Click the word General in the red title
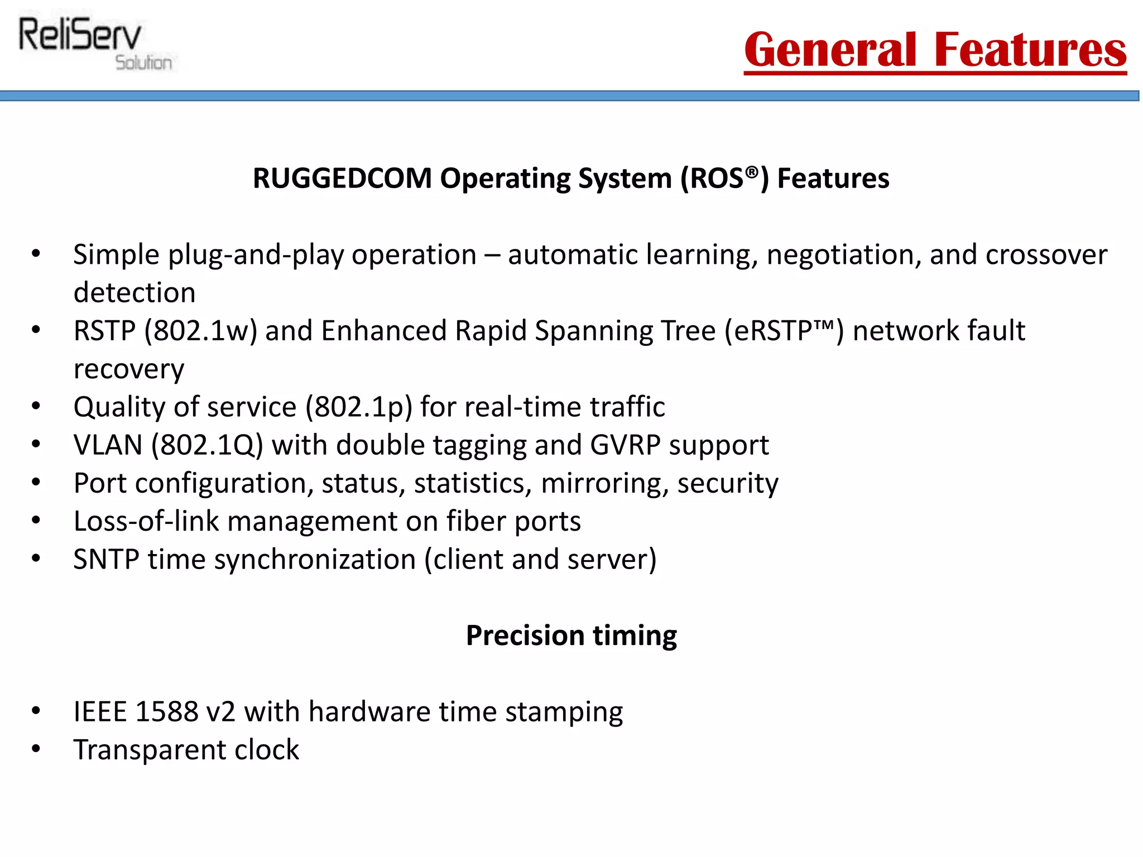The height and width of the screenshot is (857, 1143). coord(830,50)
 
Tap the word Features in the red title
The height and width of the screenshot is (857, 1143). coord(1030,50)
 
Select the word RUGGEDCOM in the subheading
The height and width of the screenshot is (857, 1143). coord(342,179)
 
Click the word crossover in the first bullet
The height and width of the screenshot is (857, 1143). coord(1046,255)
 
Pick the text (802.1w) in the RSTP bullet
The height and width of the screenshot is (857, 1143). coord(200,331)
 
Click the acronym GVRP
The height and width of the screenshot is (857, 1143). coord(625,445)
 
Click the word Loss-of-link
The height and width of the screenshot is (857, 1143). coord(146,521)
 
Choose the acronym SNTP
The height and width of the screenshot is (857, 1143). coord(106,560)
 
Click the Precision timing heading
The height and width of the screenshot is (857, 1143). coord(571,635)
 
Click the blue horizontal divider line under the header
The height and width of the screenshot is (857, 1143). coord(569,96)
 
